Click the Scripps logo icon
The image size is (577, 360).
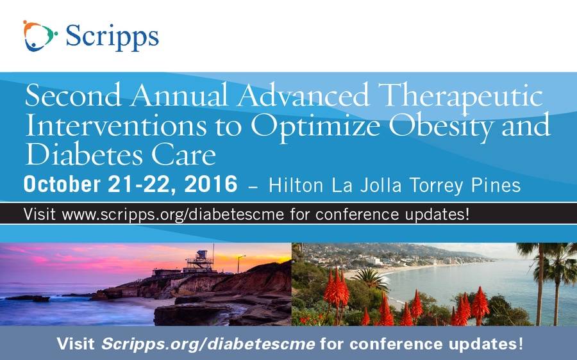40,36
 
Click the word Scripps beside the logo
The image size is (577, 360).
112,37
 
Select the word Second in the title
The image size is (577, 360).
73,95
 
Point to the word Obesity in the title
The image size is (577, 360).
441,126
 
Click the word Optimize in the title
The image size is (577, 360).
315,126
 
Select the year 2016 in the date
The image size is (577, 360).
211,184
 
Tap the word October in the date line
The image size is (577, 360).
62,184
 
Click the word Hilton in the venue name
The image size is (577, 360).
296,185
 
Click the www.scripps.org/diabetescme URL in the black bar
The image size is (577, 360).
173,215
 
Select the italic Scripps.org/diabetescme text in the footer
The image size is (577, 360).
208,344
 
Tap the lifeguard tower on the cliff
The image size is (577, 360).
200,261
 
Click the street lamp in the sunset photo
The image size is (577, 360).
240,264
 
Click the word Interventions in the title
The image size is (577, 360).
115,125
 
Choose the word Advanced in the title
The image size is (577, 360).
303,95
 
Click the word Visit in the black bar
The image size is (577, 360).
39,214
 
